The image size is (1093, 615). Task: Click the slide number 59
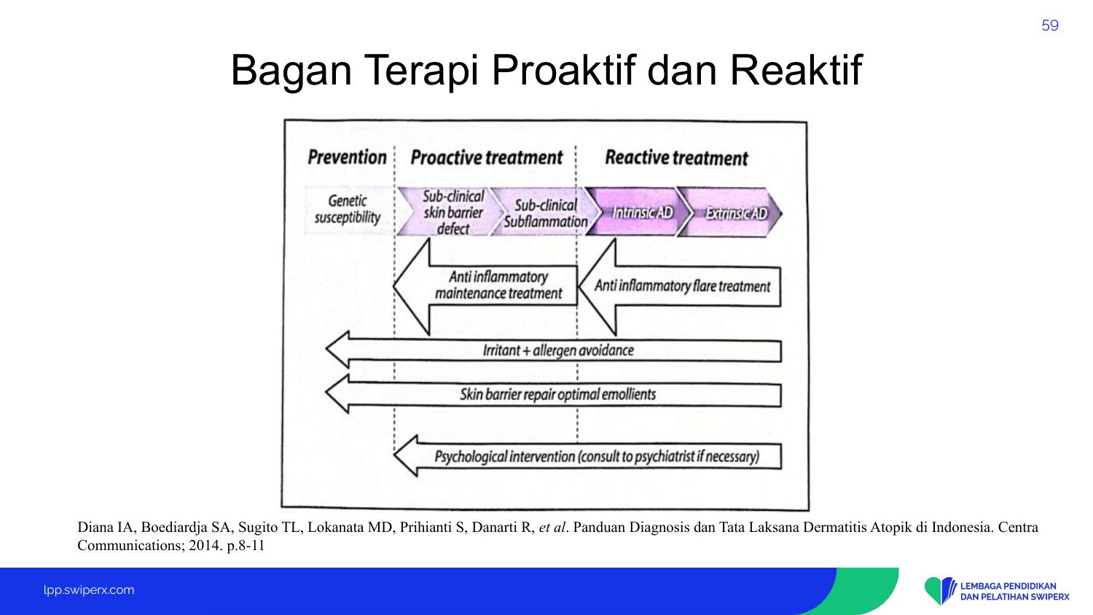click(x=1049, y=26)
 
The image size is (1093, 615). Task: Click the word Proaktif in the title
click(x=563, y=71)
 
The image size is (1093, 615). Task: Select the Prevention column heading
click(x=347, y=157)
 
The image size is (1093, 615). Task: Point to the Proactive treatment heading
click(x=487, y=157)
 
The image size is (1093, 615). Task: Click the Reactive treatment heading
click(x=676, y=158)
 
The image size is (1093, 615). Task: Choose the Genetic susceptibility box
click(x=348, y=210)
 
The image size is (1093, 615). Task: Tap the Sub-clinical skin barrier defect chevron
click(x=450, y=212)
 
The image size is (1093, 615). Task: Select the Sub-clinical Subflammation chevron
click(x=545, y=212)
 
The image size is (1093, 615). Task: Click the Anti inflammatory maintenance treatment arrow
click(x=485, y=286)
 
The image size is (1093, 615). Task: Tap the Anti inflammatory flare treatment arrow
click(x=679, y=287)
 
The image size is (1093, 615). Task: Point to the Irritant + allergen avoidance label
click(x=558, y=350)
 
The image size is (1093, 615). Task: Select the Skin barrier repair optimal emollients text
click(x=557, y=394)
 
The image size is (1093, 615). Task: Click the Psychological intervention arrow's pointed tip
click(x=394, y=455)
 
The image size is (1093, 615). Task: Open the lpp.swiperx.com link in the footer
click(x=89, y=590)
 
